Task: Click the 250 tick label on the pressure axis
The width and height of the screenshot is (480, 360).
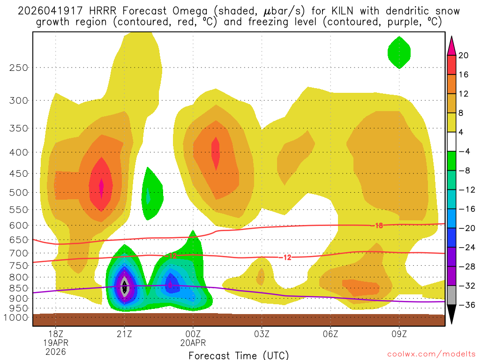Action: pyautogui.click(x=18, y=67)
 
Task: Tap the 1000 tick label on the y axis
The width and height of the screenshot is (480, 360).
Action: pyautogui.click(x=16, y=317)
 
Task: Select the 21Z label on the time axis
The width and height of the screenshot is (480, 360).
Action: pyautogui.click(x=124, y=334)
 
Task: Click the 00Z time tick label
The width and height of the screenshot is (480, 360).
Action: pyautogui.click(x=193, y=334)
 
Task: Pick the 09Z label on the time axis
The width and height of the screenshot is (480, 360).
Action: pyautogui.click(x=399, y=334)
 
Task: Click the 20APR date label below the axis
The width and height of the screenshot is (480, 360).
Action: pyautogui.click(x=193, y=343)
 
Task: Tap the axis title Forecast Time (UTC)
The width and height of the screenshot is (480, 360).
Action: pyautogui.click(x=239, y=355)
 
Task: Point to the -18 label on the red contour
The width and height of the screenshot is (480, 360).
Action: pyautogui.click(x=377, y=226)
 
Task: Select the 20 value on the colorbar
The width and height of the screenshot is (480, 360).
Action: pyautogui.click(x=464, y=55)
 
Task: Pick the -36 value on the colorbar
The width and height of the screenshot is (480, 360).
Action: pyautogui.click(x=464, y=305)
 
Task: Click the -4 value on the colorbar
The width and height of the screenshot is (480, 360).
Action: pyautogui.click(x=464, y=151)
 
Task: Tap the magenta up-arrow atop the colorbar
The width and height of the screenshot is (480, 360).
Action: pyautogui.click(x=452, y=46)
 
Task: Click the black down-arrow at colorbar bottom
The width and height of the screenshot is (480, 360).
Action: pyautogui.click(x=452, y=314)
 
